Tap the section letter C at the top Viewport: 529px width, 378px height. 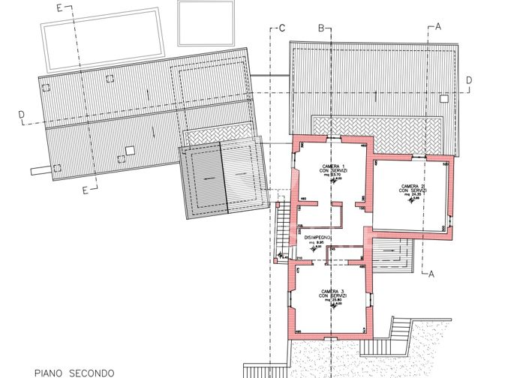(281, 28)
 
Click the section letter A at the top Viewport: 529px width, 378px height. (437, 27)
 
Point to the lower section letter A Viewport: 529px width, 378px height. (432, 274)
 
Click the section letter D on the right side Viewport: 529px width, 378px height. (468, 79)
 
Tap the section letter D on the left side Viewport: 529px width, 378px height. (22, 115)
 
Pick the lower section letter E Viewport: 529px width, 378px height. (85, 190)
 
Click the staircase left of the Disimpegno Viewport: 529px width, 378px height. (283, 229)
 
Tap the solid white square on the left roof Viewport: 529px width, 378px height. (129, 150)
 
